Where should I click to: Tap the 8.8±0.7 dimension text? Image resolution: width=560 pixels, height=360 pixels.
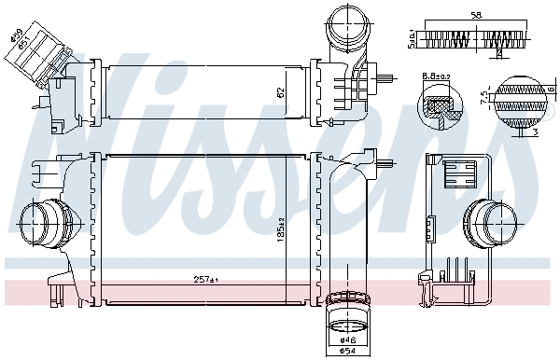[x=437, y=74]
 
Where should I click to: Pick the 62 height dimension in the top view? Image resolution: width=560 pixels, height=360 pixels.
[x=279, y=92]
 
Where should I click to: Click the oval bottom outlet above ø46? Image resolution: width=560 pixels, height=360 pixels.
[x=347, y=325]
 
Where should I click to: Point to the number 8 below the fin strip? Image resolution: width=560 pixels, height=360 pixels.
[x=498, y=54]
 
